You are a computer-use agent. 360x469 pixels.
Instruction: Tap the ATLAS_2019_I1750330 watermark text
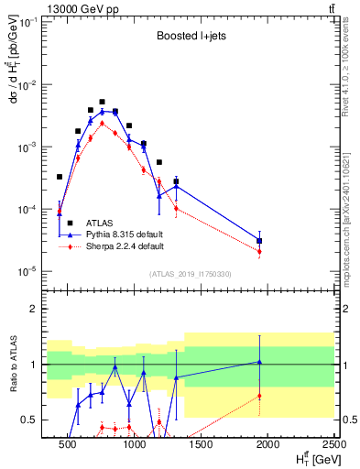tap(191, 274)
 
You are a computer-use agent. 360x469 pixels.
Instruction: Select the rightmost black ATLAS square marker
tap(260, 241)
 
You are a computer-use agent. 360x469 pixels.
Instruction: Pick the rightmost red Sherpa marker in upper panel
tap(260, 251)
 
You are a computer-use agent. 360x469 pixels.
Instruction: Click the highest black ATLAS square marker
tap(102, 102)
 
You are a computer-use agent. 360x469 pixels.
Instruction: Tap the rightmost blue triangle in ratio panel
tap(260, 362)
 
